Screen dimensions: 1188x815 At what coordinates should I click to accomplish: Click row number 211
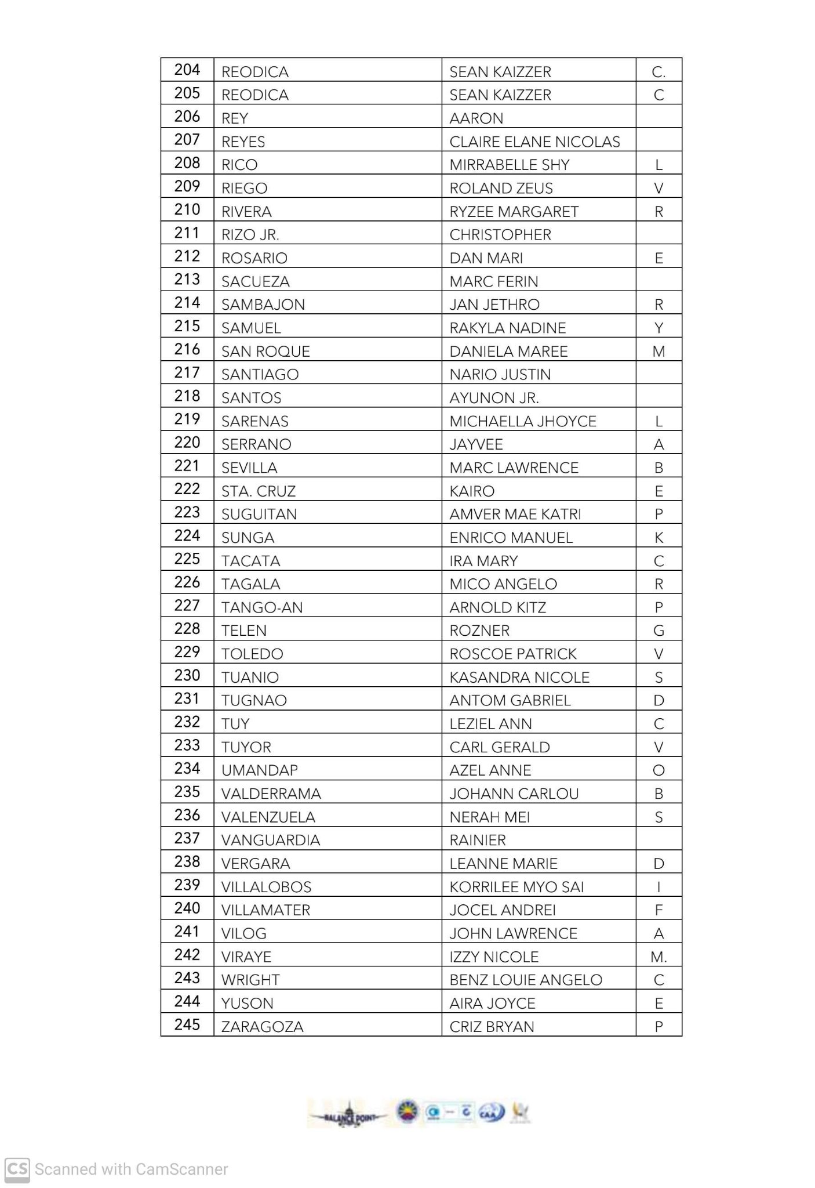[187, 233]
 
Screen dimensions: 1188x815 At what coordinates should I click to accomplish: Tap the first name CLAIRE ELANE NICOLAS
[534, 142]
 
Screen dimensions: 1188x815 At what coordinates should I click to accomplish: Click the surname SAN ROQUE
[265, 352]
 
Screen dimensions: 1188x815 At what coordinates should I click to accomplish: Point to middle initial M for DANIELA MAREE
[658, 352]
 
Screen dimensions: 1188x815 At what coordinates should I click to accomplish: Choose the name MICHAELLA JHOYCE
[522, 421]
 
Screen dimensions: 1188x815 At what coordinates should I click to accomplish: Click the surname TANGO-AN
[262, 607]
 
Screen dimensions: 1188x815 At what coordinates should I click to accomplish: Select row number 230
[187, 676]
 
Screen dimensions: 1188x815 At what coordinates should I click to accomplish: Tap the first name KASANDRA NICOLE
[519, 678]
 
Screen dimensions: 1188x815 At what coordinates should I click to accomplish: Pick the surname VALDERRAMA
[271, 794]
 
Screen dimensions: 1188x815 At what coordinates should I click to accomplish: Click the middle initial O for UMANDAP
[658, 770]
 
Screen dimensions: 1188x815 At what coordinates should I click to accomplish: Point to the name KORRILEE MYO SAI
[516, 887]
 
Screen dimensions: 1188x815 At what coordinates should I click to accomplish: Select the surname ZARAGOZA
[262, 1027]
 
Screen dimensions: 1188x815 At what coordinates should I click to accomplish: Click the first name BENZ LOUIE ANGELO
[526, 980]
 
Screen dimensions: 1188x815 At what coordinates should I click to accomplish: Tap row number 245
[187, 1025]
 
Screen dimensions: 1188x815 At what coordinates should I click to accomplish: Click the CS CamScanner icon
[17, 1168]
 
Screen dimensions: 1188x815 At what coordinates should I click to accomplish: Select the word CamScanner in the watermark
[180, 1169]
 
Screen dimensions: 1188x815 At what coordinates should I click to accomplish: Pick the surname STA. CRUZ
[259, 491]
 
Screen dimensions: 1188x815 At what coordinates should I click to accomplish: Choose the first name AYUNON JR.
[494, 398]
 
